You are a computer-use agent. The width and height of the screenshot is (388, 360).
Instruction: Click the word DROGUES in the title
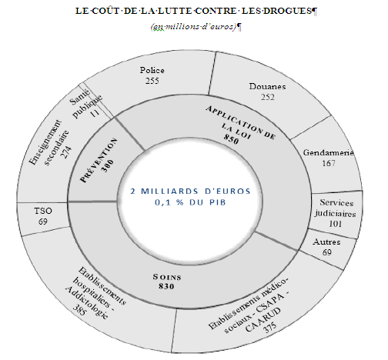pos(287,11)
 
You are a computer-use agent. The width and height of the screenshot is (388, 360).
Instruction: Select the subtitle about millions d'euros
pos(193,27)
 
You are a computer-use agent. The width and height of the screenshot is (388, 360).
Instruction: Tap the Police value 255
pos(152,81)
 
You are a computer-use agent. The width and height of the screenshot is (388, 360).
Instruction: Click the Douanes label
pos(267,86)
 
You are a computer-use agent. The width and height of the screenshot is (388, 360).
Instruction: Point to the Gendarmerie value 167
pos(329,163)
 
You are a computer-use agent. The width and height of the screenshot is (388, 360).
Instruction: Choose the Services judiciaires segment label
pos(336,208)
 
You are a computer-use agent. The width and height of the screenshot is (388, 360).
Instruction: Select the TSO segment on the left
pos(43,216)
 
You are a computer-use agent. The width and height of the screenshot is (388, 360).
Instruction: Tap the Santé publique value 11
pos(95,113)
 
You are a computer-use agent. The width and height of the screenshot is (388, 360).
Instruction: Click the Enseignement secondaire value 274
pos(66,152)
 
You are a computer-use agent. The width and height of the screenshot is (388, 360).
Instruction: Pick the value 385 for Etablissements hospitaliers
pos(79,310)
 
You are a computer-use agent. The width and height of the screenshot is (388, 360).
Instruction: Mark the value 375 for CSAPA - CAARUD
pos(270,327)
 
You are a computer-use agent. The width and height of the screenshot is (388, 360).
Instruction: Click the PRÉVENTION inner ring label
pos(99,160)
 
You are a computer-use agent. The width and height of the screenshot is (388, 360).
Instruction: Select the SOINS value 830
pos(166,286)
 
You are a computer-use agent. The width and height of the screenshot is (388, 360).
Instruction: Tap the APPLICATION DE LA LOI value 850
pos(231,138)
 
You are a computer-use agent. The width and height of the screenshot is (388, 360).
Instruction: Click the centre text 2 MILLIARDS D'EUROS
pos(190,192)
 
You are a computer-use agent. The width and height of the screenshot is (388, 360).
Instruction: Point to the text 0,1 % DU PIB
pos(190,202)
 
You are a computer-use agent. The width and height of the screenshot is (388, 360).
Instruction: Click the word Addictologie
pos(86,302)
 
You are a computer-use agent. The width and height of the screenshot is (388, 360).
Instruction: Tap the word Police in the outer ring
pos(152,70)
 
